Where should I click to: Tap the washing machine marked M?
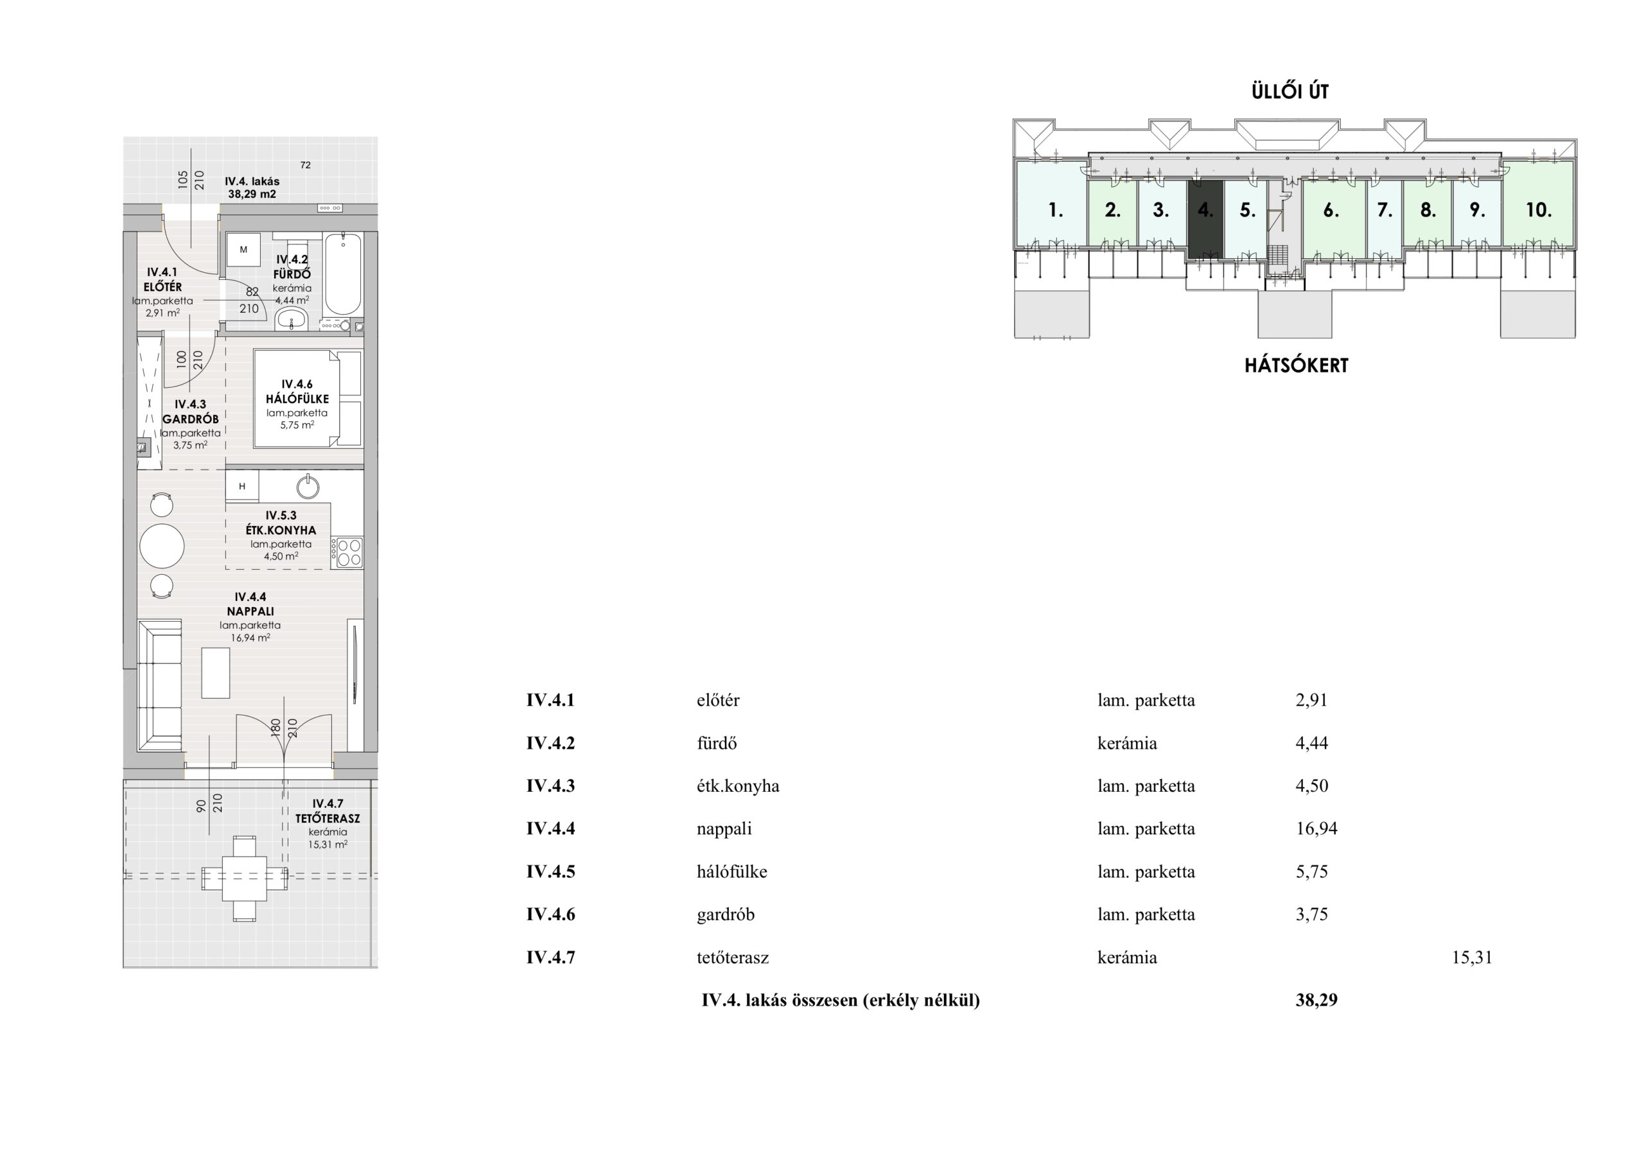pos(243,250)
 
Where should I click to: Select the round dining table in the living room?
pos(162,546)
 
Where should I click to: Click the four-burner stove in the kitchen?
pos(347,552)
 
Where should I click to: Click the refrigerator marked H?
pos(242,486)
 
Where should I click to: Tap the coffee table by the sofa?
pos(216,672)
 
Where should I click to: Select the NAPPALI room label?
pos(250,611)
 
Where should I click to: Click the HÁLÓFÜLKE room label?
pos(297,399)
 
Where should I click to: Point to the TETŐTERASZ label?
pos(328,818)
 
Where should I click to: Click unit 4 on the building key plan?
pos(1206,218)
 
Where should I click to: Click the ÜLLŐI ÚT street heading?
pos(1290,92)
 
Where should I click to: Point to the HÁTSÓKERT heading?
pos(1296,365)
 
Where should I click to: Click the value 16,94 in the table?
pos(1316,828)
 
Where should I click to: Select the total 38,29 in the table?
pos(1316,1000)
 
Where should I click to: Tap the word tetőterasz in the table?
pos(733,958)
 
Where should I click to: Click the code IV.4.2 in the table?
pos(550,744)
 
